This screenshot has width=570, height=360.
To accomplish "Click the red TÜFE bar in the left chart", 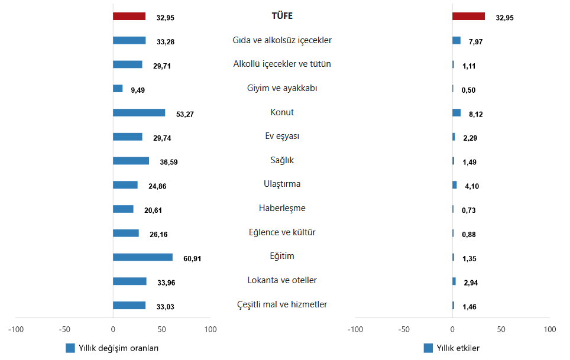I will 129,17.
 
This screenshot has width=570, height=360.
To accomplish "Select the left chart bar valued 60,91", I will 142,257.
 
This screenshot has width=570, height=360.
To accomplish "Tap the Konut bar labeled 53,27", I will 139,112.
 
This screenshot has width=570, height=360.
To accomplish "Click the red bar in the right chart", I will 468,17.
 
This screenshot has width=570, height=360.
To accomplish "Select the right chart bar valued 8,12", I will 456,112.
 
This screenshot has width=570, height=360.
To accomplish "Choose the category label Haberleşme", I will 282,208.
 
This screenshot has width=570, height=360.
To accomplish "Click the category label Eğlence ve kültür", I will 282,232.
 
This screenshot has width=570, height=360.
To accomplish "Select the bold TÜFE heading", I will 282,16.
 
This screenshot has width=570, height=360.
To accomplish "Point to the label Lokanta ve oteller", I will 282,280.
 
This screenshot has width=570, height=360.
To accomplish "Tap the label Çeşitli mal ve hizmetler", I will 282,304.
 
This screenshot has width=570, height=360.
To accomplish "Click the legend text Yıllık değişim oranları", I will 119,348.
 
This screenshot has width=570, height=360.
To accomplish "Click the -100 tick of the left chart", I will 15,329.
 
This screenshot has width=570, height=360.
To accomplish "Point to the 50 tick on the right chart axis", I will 501,329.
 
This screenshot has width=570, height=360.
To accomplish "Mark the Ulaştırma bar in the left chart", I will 125,185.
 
